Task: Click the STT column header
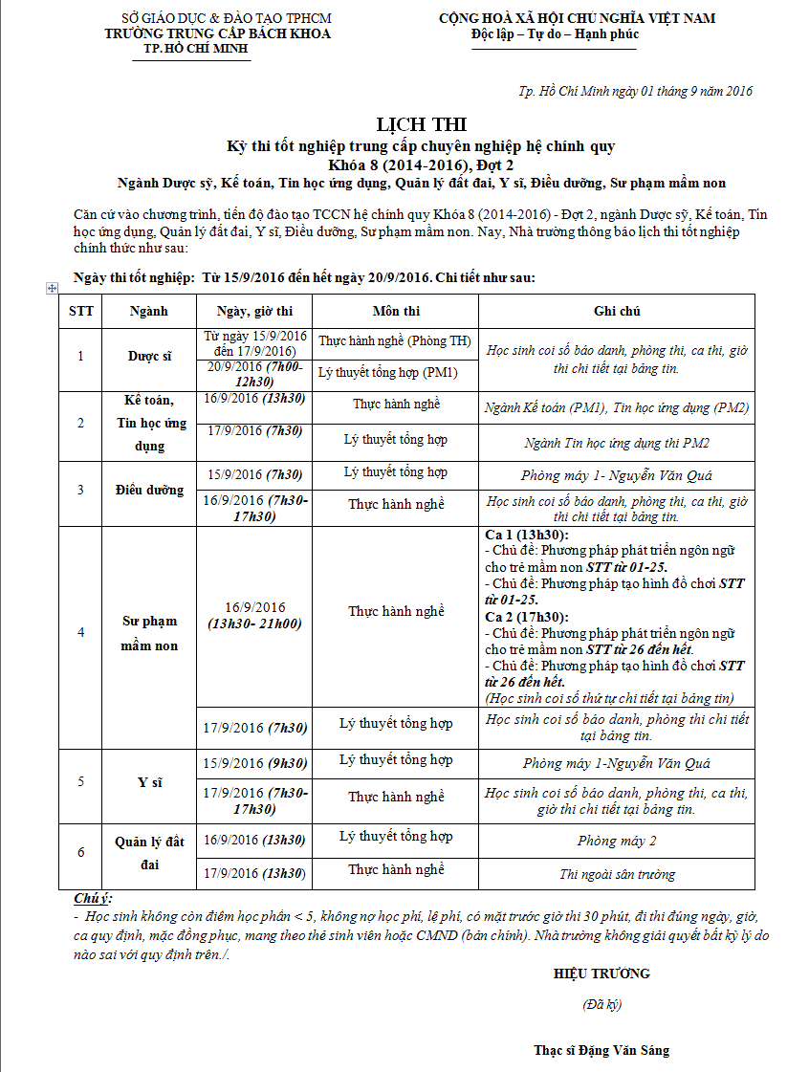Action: (x=81, y=311)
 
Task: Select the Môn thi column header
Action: (x=396, y=311)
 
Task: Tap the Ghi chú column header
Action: (x=617, y=311)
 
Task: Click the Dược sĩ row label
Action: (x=149, y=356)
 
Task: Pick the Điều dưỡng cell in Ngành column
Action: (x=149, y=490)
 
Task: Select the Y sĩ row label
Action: (x=149, y=782)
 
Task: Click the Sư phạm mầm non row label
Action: (x=149, y=633)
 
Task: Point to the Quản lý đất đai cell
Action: (x=149, y=853)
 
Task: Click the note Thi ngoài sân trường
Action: (x=617, y=874)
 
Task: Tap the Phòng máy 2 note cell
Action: (x=617, y=842)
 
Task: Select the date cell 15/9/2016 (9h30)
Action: (x=254, y=763)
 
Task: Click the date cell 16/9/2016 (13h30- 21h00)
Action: (x=254, y=616)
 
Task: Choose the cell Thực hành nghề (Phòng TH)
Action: (x=395, y=340)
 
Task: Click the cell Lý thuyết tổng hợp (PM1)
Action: (x=395, y=371)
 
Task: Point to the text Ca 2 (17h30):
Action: (x=526, y=617)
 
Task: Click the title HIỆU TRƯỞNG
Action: (x=601, y=974)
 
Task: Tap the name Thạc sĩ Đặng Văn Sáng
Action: (x=601, y=1050)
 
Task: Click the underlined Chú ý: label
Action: (x=93, y=899)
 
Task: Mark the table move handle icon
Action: (x=53, y=288)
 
